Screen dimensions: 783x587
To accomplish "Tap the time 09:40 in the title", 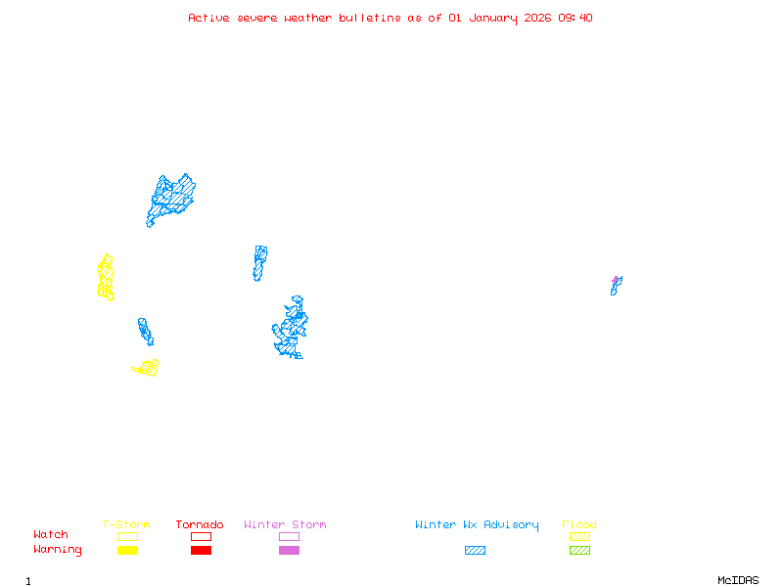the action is click(x=576, y=18).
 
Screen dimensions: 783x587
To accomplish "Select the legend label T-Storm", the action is click(x=126, y=525).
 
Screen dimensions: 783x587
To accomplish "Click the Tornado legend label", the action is click(x=200, y=525).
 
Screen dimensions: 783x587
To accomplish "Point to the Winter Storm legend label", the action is click(x=285, y=525).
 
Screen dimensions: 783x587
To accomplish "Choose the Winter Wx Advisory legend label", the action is click(x=477, y=525).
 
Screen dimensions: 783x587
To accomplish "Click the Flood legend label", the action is click(x=579, y=525).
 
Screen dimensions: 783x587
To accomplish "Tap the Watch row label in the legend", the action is click(x=51, y=535).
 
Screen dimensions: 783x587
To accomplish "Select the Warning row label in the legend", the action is click(x=57, y=550).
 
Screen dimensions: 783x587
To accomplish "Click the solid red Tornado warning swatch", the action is click(x=201, y=551).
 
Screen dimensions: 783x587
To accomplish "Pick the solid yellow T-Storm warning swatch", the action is click(x=127, y=551).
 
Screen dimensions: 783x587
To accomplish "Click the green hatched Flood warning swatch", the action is click(x=579, y=551).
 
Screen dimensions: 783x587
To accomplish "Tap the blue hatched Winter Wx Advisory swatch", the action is click(x=475, y=551).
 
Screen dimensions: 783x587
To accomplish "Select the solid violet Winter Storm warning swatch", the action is click(x=289, y=551).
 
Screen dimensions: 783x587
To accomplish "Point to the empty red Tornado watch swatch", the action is click(x=201, y=536).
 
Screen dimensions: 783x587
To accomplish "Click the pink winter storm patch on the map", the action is click(x=616, y=280).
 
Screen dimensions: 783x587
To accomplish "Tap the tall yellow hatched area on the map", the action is click(x=105, y=278).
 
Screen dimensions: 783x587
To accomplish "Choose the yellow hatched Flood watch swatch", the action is click(x=579, y=536).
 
